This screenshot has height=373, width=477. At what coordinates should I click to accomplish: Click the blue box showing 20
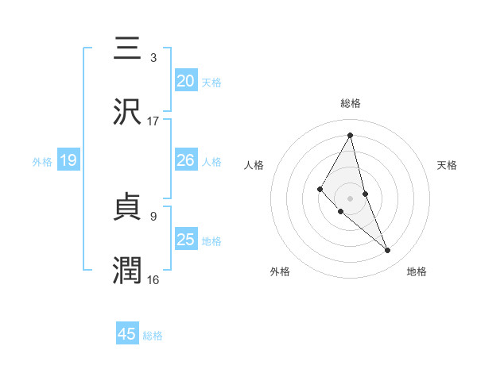coord(186,81)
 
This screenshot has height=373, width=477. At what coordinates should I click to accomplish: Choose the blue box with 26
coord(186,160)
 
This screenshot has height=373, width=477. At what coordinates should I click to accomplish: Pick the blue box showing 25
coord(186,240)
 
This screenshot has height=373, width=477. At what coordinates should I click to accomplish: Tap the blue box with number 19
coord(68,160)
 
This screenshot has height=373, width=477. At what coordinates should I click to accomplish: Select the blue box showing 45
coord(127,334)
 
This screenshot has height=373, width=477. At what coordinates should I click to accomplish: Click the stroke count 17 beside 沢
coord(153,121)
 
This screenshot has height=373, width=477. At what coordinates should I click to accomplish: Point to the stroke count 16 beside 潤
coord(153,279)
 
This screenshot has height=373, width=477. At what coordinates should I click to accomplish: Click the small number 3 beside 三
coord(153,57)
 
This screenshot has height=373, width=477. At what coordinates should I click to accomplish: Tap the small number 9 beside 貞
coord(153,215)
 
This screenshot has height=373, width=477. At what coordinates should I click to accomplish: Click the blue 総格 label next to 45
coord(153,336)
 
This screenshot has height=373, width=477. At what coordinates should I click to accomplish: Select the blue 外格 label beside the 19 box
coord(42,162)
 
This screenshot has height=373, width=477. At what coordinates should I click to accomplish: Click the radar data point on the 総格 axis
coord(351,135)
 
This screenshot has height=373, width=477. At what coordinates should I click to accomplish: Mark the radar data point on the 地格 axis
coord(388,251)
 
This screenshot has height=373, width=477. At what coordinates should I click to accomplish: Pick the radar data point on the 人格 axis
coord(320,189)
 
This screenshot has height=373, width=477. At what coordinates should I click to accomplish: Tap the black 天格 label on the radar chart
coord(447,165)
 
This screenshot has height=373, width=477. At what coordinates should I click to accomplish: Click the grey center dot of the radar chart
coord(351,198)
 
